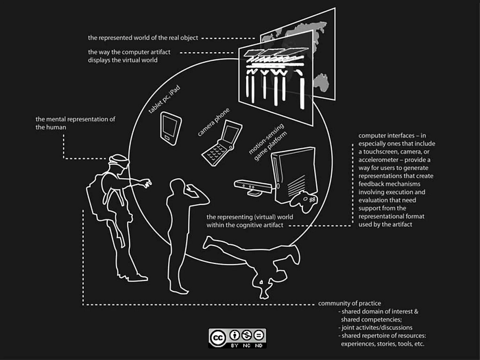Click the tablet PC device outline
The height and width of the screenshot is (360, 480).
click(x=171, y=128)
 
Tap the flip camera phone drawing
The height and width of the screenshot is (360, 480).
click(x=221, y=143)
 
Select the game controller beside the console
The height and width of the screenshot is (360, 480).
click(x=304, y=202)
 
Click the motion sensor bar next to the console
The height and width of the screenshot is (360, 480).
click(x=253, y=187)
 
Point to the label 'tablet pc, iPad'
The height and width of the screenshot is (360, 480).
click(x=165, y=100)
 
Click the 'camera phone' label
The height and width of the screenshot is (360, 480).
click(x=213, y=122)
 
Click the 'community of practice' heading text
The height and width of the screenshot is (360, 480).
click(x=350, y=303)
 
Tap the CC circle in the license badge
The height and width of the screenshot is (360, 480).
click(x=217, y=337)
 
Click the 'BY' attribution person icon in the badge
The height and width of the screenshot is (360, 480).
click(x=235, y=335)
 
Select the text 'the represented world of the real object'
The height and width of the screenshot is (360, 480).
click(x=143, y=38)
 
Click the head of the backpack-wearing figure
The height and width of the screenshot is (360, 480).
click(x=119, y=161)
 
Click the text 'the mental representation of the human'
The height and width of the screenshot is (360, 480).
click(x=75, y=123)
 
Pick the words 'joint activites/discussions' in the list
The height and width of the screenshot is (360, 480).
click(x=377, y=328)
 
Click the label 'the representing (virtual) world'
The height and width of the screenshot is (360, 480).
click(x=250, y=217)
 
